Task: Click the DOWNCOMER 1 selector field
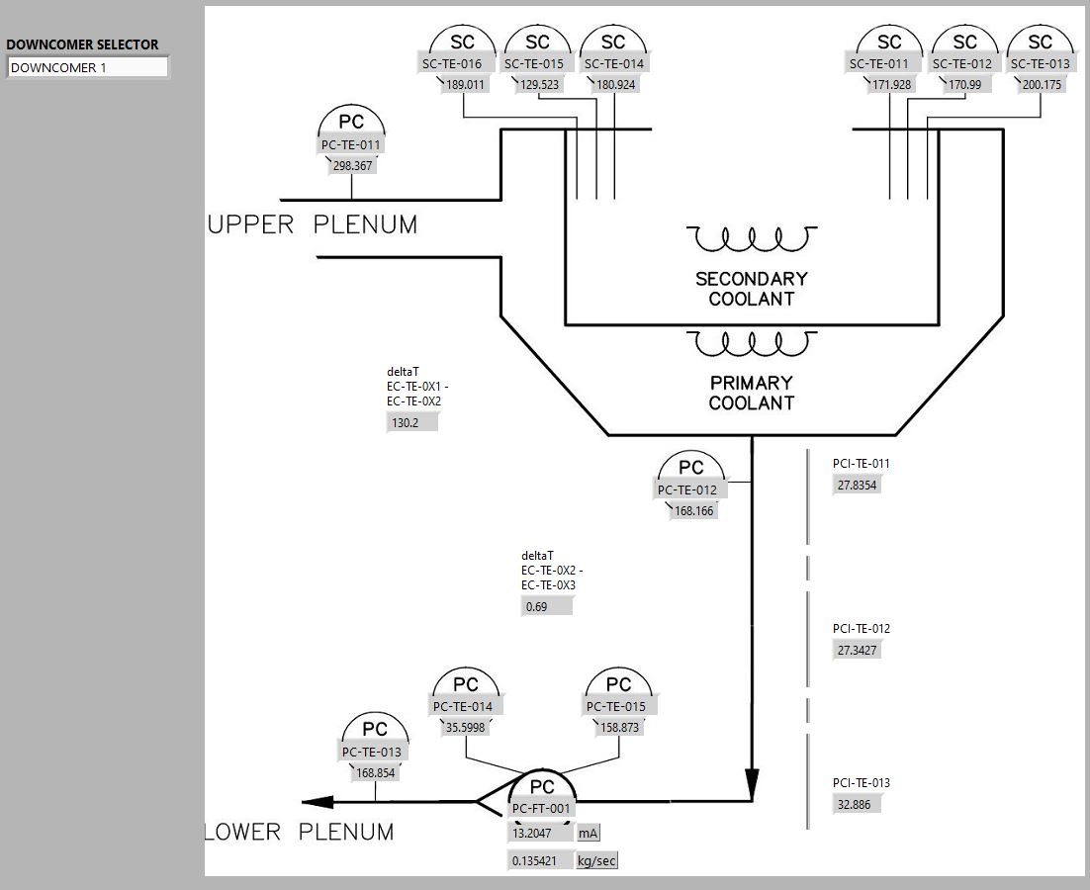pos(87,68)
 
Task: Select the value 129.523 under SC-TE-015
pos(538,85)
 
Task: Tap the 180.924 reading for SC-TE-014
pos(616,85)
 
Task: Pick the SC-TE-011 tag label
pos(878,64)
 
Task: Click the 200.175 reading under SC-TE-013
pos(1042,85)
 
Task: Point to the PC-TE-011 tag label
pos(351,145)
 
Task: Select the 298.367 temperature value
pos(352,166)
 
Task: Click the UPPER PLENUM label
pos(313,225)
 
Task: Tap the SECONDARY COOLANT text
pos(752,289)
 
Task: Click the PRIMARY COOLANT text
pos(752,393)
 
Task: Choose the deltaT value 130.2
pos(411,422)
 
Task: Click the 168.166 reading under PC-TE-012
pos(693,511)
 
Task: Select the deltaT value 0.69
pos(546,606)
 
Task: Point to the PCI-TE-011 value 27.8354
pos(857,485)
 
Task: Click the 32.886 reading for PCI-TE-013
pos(856,804)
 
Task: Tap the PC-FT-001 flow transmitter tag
pos(541,809)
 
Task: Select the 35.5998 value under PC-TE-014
pos(465,727)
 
